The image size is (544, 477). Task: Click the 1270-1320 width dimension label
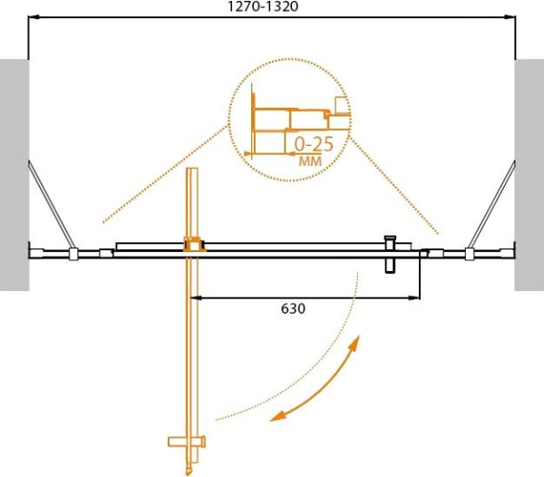point(273,6)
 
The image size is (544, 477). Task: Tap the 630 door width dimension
point(292,308)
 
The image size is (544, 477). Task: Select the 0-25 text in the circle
point(312,143)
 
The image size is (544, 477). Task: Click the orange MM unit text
point(308,161)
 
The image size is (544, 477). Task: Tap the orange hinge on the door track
point(193,244)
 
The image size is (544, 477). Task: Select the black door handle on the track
point(392,254)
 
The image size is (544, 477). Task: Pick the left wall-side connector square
point(71,255)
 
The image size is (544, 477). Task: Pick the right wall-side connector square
point(469,255)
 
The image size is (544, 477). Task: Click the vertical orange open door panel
point(192,345)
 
